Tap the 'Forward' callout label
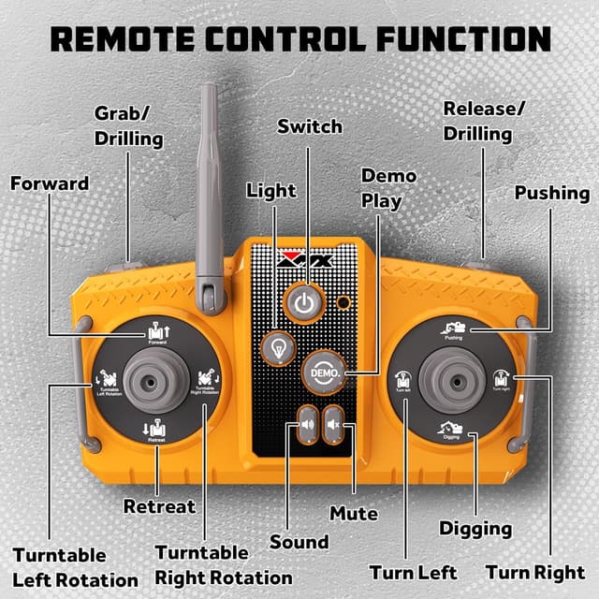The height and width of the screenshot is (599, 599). (50, 183)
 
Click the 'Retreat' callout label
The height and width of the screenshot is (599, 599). (160, 506)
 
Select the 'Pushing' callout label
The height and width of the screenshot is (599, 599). (552, 194)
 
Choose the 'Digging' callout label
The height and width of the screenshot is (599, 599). (475, 529)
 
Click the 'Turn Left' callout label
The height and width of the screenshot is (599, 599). (413, 572)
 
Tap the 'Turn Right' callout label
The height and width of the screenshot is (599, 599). (535, 572)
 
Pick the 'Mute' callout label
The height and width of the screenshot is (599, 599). (354, 513)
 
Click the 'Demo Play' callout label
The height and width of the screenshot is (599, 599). (382, 188)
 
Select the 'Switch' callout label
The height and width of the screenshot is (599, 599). (310, 126)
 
